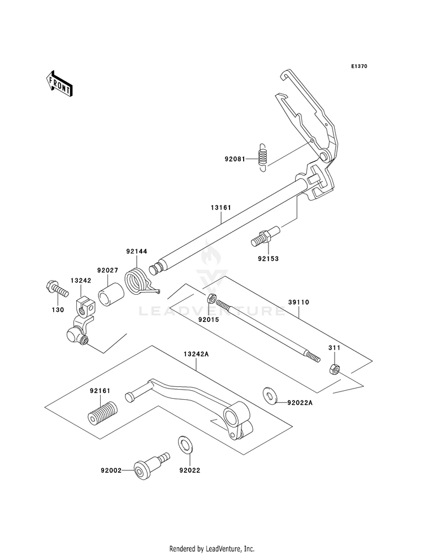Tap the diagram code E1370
(359, 66)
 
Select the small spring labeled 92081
(262, 158)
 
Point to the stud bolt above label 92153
(266, 237)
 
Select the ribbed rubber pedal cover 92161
(103, 414)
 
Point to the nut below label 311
(334, 369)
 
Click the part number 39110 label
(298, 302)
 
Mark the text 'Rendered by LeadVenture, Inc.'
(212, 549)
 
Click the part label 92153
(268, 259)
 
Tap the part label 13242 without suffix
(81, 281)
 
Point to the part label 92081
(235, 159)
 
